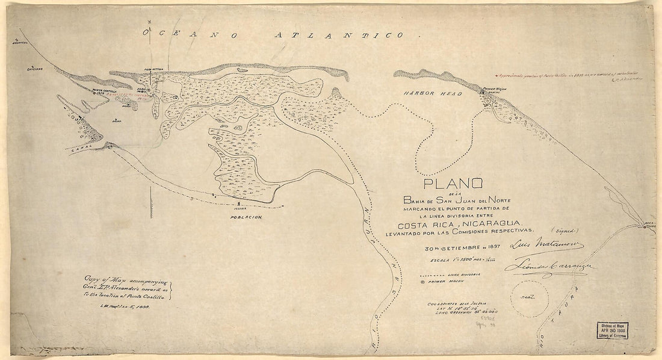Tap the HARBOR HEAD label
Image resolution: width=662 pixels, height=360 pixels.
click(433, 95)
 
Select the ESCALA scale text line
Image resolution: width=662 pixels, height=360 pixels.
click(460, 260)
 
